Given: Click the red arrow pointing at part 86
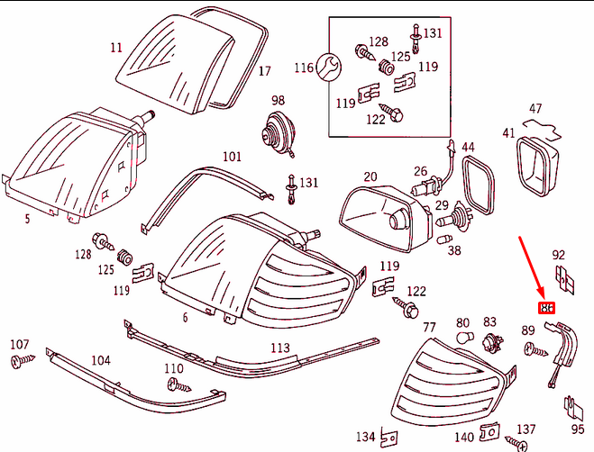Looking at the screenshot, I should point(533,267).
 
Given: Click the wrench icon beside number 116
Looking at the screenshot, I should point(330,67).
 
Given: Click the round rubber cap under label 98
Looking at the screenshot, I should point(274,136).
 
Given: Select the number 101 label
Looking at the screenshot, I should point(233,156).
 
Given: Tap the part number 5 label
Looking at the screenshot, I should point(27,217).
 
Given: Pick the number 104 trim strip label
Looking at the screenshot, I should point(101,360).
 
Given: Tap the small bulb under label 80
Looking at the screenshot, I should point(464,339).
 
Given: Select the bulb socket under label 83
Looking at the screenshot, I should point(491,342).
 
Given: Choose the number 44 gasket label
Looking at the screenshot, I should point(468,146).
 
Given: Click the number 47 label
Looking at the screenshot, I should point(536,109).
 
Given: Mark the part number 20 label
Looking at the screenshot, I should point(370,176).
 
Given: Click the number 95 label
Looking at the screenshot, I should point(578,429).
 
